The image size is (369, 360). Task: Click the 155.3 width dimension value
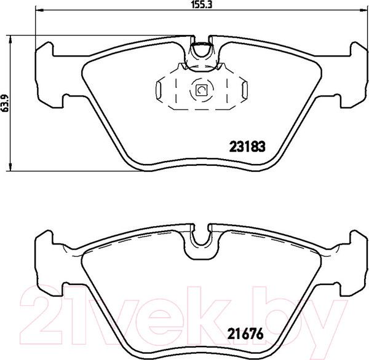point(196,4)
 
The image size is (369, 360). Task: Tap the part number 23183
point(246,147)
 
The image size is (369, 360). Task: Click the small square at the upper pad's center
point(201,91)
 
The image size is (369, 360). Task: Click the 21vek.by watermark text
point(184,310)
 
